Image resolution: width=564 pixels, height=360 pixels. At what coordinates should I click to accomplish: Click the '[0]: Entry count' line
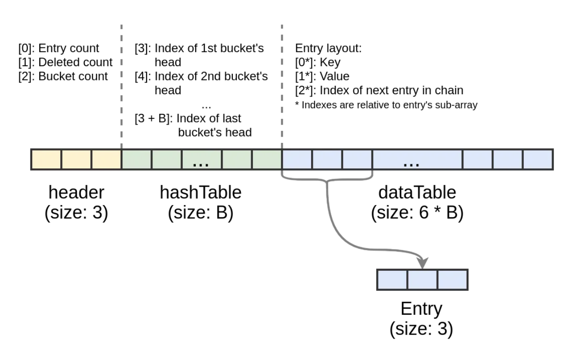point(59,48)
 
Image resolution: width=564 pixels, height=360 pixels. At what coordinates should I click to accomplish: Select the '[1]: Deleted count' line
point(65,62)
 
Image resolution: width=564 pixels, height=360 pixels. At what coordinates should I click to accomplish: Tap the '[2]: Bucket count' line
point(63,76)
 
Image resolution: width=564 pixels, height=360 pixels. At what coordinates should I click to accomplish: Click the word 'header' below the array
point(76,193)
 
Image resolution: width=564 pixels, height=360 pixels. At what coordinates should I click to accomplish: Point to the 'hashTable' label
point(201,193)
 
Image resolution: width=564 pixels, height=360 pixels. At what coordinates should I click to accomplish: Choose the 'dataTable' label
point(417,193)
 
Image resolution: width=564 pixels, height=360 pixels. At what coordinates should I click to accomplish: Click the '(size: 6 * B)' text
point(417,213)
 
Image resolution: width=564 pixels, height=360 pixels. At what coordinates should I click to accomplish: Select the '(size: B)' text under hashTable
point(201,213)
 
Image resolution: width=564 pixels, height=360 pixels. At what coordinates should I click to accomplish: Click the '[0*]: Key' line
point(318,63)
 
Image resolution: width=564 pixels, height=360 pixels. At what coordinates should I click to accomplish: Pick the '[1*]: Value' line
point(322,76)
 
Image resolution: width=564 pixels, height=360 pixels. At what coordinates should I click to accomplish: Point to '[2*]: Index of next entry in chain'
point(379,90)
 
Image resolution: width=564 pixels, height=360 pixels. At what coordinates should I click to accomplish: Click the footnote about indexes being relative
point(386,105)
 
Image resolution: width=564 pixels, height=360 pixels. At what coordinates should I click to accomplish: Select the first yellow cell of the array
point(46,159)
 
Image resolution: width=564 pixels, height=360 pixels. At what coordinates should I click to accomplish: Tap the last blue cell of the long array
point(538,159)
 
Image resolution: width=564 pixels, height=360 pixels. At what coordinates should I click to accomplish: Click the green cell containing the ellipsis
point(201,159)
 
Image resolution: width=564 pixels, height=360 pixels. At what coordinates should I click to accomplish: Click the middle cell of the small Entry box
point(422,280)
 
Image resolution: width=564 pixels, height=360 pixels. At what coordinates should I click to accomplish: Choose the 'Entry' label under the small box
point(421,309)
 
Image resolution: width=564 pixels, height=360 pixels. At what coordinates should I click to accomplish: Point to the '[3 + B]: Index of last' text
point(188,118)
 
